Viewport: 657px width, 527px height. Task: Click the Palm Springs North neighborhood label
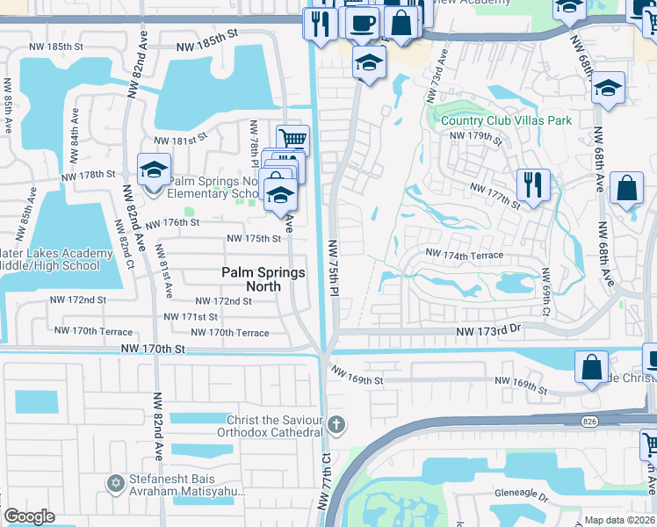(x=263, y=279)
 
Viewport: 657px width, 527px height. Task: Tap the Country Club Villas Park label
(x=506, y=120)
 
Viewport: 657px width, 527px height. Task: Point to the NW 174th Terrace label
(x=465, y=255)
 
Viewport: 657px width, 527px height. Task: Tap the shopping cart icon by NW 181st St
(x=292, y=140)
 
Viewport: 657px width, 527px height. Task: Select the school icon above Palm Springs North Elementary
(x=154, y=170)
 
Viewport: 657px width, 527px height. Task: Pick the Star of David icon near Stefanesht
(x=114, y=482)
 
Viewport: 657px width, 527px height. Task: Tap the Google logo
(x=29, y=516)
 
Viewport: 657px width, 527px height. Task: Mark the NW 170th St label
(x=155, y=350)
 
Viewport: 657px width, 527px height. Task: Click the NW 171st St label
(x=191, y=316)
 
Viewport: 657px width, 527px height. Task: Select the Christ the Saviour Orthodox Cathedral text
(x=275, y=426)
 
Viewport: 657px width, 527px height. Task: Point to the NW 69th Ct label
(x=545, y=293)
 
